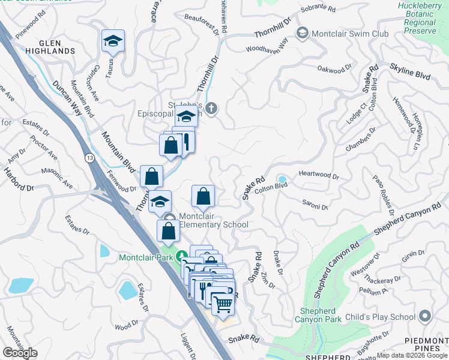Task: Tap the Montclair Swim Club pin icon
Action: coord(303,32)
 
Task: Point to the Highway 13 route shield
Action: coord(89,158)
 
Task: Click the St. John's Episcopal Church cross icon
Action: coord(210,109)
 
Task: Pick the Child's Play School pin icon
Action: coord(425,316)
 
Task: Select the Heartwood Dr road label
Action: coord(319,177)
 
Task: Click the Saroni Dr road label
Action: coord(315,204)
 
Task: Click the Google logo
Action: coord(20,353)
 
